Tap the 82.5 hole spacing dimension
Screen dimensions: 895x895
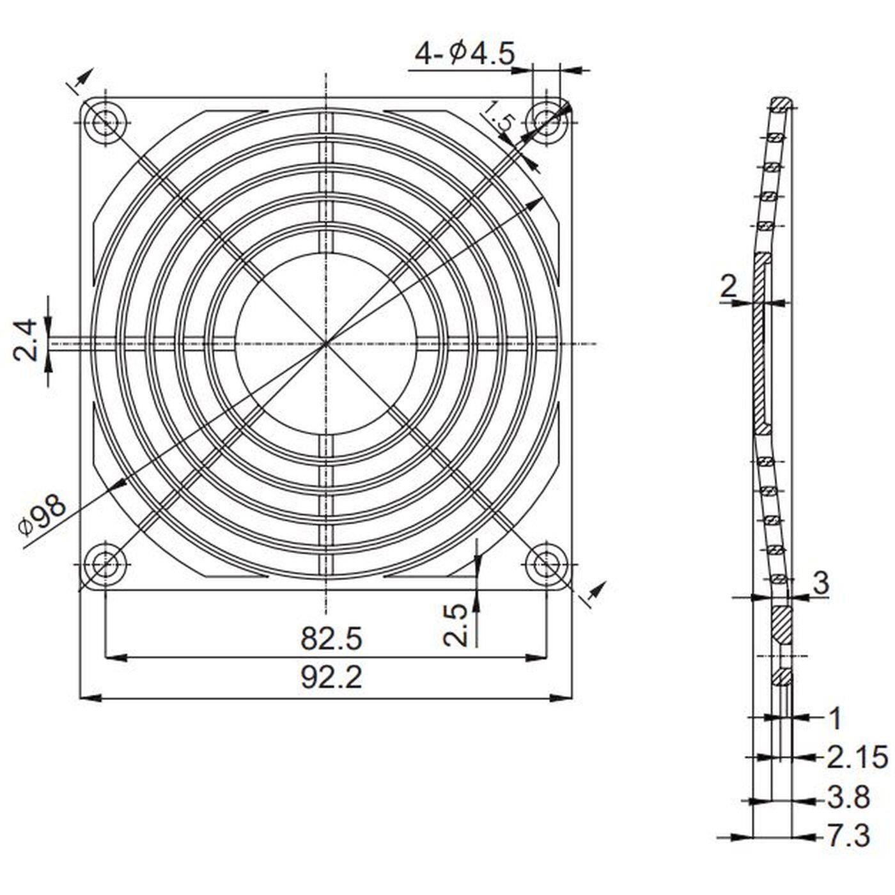[x=331, y=638]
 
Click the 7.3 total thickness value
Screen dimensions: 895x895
[x=848, y=836]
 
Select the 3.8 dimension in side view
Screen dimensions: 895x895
[x=848, y=797]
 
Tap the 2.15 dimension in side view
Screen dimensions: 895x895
[x=857, y=758]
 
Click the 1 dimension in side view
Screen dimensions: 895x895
[x=835, y=719]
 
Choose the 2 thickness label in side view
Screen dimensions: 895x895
[x=728, y=287]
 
